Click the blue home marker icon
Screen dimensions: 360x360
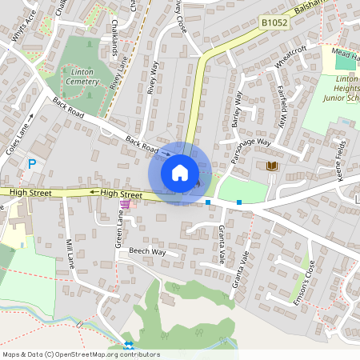pos(179,172)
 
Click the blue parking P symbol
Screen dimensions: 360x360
pos(32,164)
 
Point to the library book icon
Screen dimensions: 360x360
pos(272,166)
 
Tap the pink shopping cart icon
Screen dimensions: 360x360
pos(125,203)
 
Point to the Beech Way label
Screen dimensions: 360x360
pos(147,251)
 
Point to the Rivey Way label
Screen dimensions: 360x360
pos(153,78)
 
